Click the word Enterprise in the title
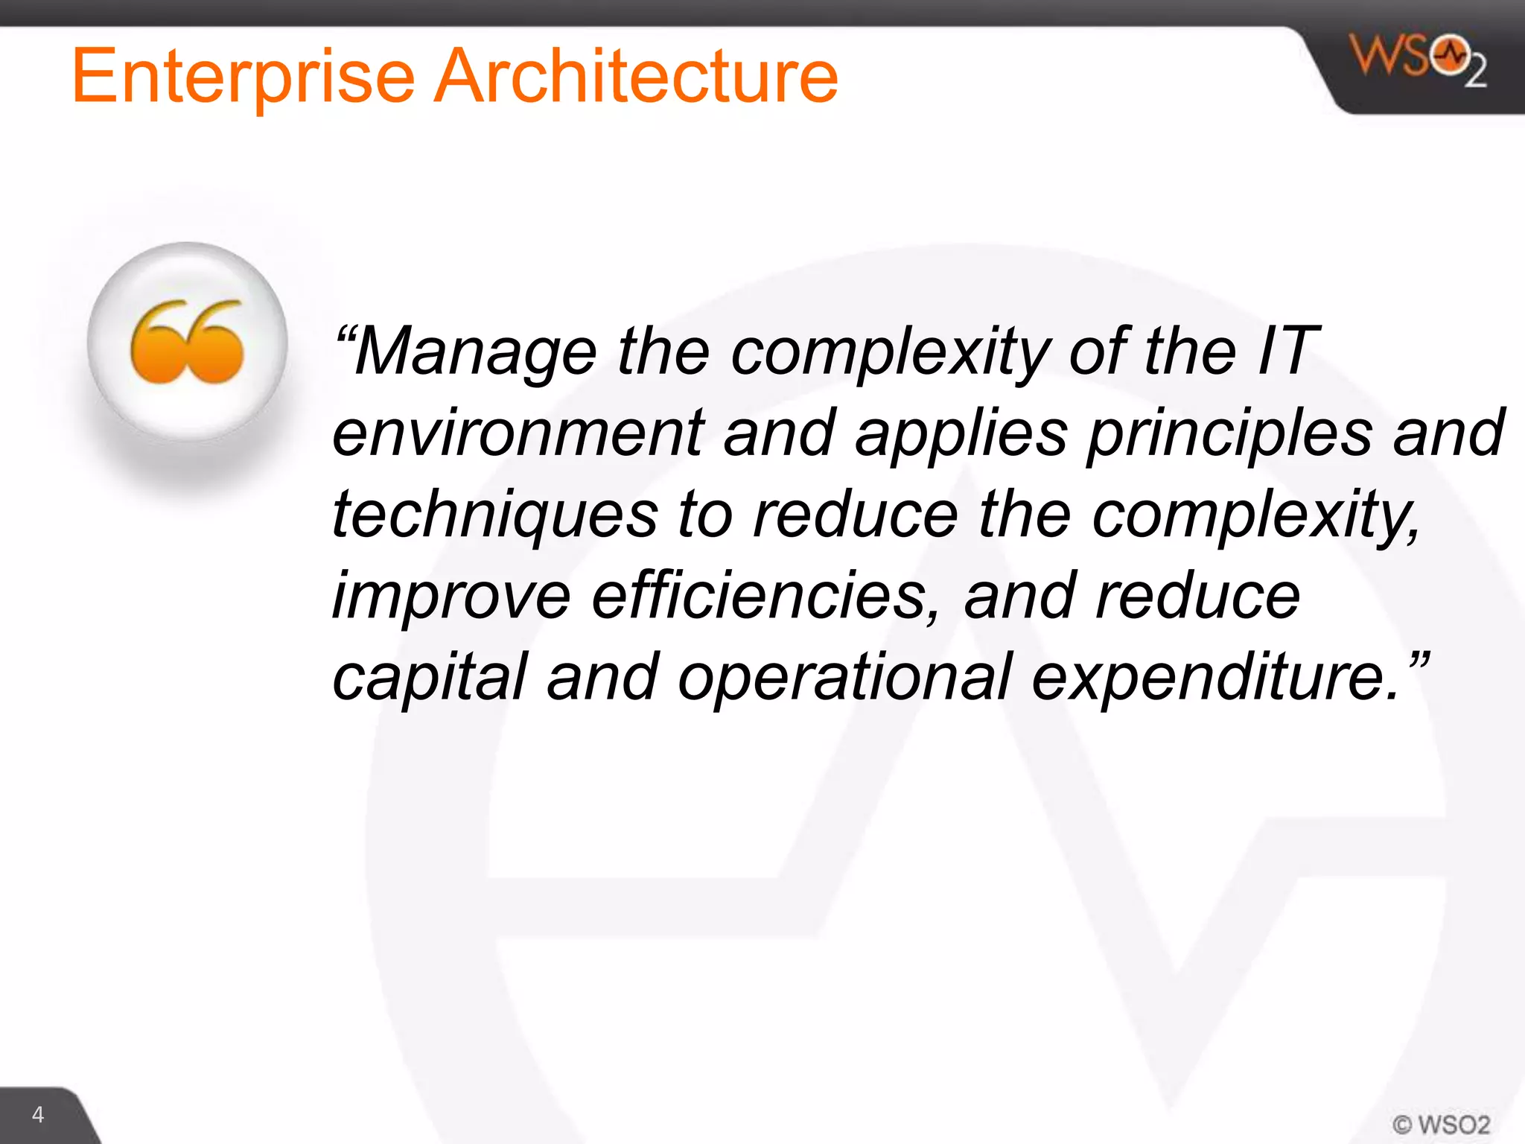click(x=243, y=77)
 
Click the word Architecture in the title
click(x=636, y=77)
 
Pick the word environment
click(x=518, y=433)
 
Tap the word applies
click(x=961, y=433)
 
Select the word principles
click(x=1229, y=433)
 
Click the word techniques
click(x=495, y=515)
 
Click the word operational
click(x=844, y=678)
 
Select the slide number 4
click(x=38, y=1115)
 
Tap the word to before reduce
click(x=704, y=515)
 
